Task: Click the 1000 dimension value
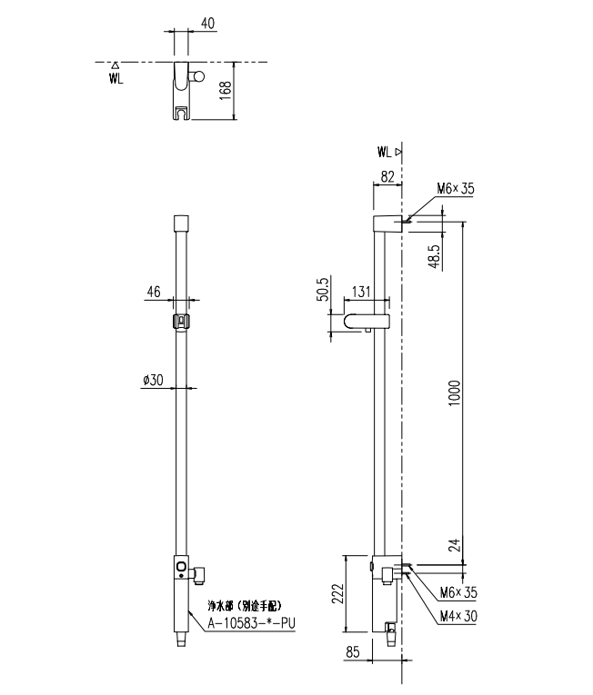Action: click(454, 394)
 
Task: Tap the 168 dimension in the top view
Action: click(226, 91)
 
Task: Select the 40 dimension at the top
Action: click(207, 23)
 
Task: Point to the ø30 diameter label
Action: click(153, 380)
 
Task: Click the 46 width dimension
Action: click(154, 292)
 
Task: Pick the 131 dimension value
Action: click(361, 292)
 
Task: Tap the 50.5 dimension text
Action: click(324, 290)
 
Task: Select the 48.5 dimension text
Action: click(435, 256)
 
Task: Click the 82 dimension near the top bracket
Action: click(387, 177)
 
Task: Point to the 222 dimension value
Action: click(337, 594)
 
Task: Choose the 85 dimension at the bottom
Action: click(352, 652)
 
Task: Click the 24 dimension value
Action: click(455, 544)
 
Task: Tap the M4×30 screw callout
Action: click(458, 616)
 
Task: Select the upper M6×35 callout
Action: click(456, 189)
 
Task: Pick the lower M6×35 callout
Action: click(458, 592)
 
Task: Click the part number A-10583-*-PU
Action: click(252, 623)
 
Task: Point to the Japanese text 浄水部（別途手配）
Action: click(245, 606)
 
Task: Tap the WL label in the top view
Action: click(116, 79)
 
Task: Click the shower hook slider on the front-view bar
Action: click(181, 322)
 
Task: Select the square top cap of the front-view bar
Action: click(181, 222)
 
